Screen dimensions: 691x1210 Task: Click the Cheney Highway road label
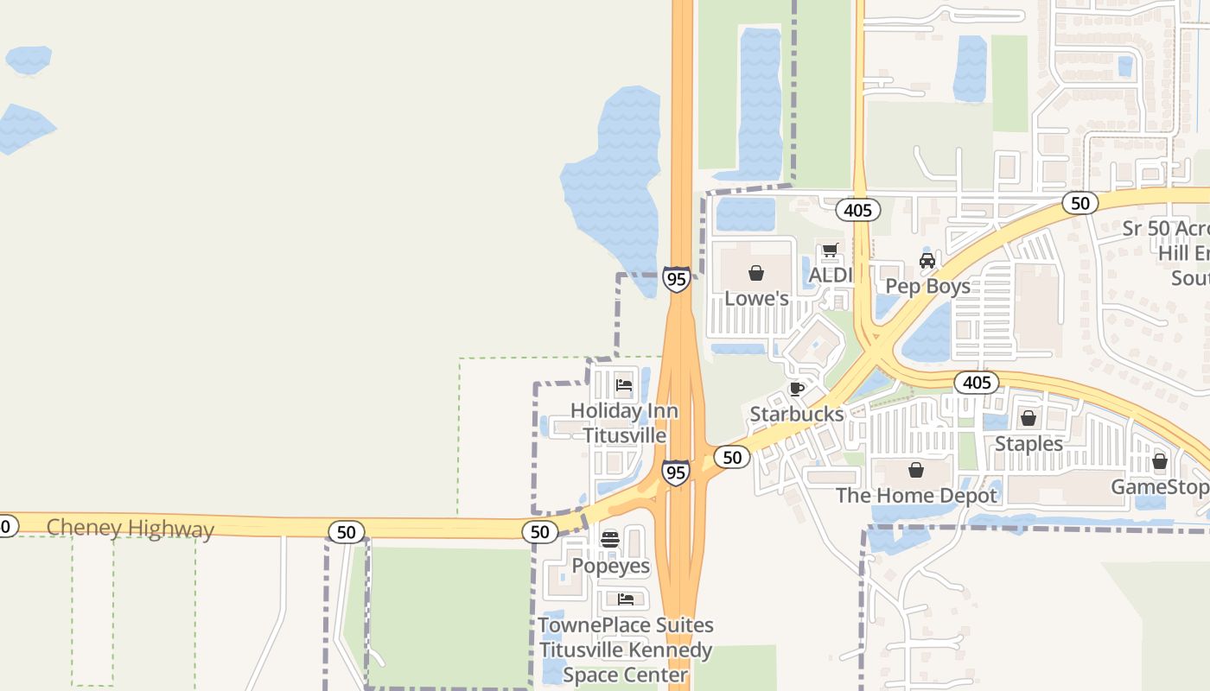pos(130,528)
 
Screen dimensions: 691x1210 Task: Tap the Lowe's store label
pos(756,298)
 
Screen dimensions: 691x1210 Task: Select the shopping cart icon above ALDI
pos(830,250)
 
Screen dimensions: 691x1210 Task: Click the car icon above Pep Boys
pos(927,260)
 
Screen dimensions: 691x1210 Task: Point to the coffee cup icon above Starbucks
pos(797,389)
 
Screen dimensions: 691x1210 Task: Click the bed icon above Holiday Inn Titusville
pos(624,385)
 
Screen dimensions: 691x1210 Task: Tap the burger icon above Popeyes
pos(610,540)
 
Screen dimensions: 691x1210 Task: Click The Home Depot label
pos(916,495)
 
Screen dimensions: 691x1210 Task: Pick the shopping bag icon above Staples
pos(1028,418)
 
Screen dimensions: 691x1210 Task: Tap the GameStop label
pos(1159,486)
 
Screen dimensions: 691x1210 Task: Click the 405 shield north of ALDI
pos(858,210)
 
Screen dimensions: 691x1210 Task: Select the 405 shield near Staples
pos(977,382)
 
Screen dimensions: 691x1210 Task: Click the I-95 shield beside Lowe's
pos(677,279)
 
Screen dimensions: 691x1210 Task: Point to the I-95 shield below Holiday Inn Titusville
pos(676,472)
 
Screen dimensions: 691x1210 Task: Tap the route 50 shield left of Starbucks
pos(732,457)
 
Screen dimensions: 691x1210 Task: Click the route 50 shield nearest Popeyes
pos(540,532)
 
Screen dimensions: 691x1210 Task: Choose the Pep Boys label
pos(927,286)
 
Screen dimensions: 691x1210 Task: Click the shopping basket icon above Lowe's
pos(756,273)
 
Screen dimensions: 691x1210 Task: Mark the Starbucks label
pos(796,414)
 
